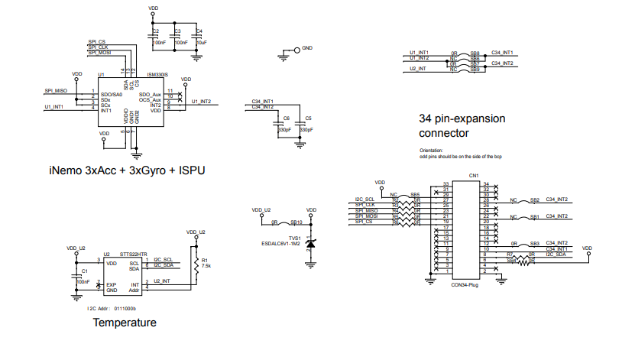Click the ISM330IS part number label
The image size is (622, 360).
click(x=157, y=75)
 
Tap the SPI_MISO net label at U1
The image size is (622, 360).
click(x=57, y=90)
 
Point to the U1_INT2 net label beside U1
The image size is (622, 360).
click(x=201, y=102)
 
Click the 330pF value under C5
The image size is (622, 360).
click(x=306, y=131)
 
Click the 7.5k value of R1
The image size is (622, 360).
click(x=206, y=265)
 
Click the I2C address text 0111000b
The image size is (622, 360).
click(x=124, y=308)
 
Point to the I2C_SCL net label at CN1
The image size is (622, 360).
click(x=364, y=199)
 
